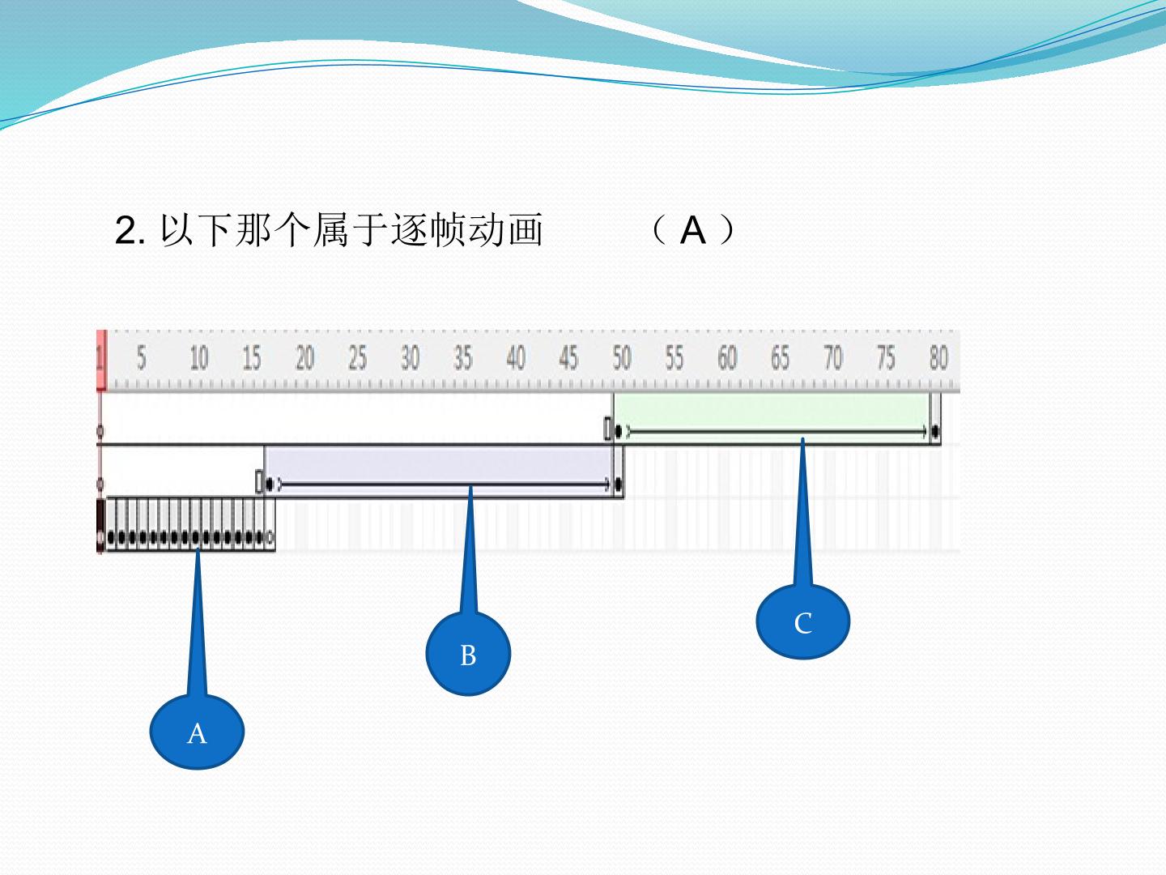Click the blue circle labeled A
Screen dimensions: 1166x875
pyautogui.click(x=197, y=732)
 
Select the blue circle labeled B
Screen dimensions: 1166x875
pyautogui.click(x=468, y=654)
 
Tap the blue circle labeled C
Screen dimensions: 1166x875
pyautogui.click(x=802, y=621)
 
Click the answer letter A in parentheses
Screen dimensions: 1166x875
pyautogui.click(x=693, y=231)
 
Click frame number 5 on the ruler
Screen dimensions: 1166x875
pyautogui.click(x=141, y=357)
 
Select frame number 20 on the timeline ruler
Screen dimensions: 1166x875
pyautogui.click(x=305, y=357)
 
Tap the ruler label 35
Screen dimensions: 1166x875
pyautogui.click(x=462, y=357)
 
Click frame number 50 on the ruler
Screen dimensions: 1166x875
pyautogui.click(x=622, y=357)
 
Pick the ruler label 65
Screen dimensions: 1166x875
pyautogui.click(x=780, y=357)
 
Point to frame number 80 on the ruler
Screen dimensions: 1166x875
pyautogui.click(x=938, y=357)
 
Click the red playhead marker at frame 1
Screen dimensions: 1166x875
pyautogui.click(x=101, y=361)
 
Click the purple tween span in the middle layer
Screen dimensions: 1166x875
pyautogui.click(x=439, y=472)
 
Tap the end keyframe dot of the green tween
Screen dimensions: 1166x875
pyautogui.click(x=935, y=431)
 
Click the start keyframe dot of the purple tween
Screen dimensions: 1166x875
pyautogui.click(x=270, y=484)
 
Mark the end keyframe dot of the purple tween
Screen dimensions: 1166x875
pyautogui.click(x=619, y=484)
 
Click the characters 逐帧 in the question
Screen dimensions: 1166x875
pyautogui.click(x=429, y=231)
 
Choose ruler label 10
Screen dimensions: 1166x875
pyautogui.click(x=199, y=357)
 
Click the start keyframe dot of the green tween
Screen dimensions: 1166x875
pyautogui.click(x=618, y=431)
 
